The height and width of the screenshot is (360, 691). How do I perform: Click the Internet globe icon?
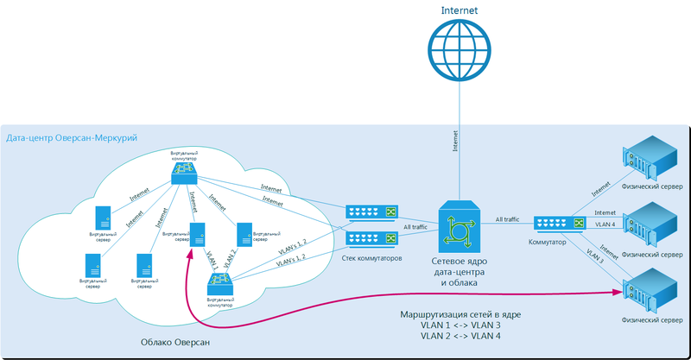coord(459,51)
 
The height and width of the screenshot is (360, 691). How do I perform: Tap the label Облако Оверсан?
coord(175,343)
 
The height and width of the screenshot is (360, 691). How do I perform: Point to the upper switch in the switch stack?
coord(371,212)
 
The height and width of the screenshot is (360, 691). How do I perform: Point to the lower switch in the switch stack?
coord(371,237)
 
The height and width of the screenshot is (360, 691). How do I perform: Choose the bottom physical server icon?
coord(650,292)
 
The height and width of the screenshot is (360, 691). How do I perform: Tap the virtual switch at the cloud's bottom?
coord(219,283)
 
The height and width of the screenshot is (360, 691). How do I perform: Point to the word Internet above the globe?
coord(459,10)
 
